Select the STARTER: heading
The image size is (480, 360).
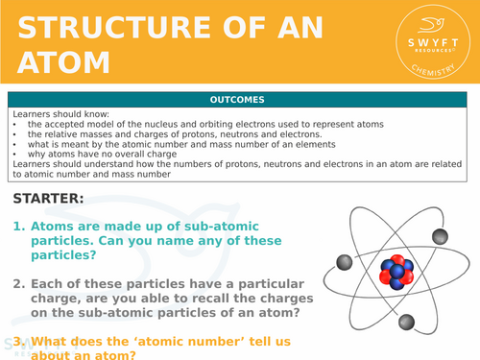pyautogui.click(x=49, y=199)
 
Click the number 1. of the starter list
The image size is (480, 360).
pyautogui.click(x=20, y=227)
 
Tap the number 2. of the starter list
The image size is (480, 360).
pyautogui.click(x=20, y=284)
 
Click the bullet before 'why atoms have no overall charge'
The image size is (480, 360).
pyautogui.click(x=15, y=154)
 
